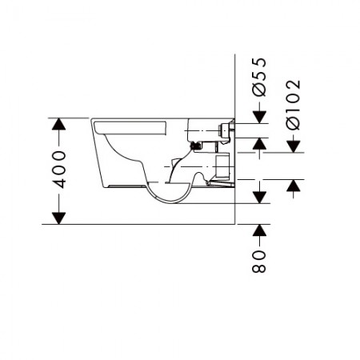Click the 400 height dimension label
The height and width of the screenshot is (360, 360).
pos(59,170)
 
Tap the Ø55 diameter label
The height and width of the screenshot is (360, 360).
pos(259,77)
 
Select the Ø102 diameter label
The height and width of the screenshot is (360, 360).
pos(294,105)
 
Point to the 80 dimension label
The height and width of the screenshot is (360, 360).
pos(259,262)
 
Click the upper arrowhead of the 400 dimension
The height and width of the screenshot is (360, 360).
pos(59,124)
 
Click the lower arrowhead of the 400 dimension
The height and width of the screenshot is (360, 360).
pos(59,218)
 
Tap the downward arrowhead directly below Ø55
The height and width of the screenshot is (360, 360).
pos(259,118)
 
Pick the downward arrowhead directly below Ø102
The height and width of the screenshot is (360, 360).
pos(294,146)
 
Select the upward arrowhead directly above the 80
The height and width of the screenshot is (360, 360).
pos(259,230)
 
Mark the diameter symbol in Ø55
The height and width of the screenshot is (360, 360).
pos(259,90)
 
